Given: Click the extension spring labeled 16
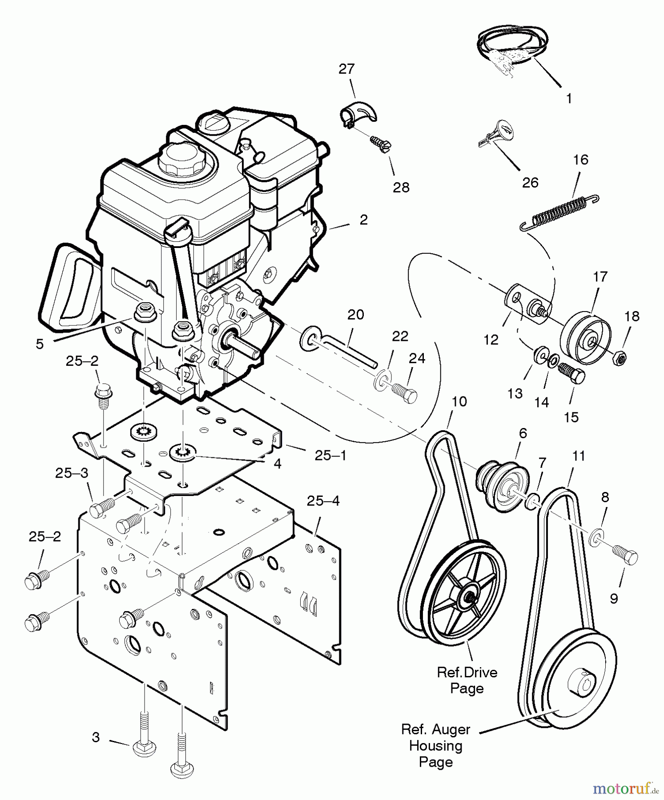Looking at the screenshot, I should [x=559, y=212].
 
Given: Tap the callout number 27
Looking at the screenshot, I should [x=346, y=69].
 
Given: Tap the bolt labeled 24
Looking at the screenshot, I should [x=404, y=393].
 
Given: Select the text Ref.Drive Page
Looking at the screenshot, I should [x=467, y=680].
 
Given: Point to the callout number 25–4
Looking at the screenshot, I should [x=323, y=501].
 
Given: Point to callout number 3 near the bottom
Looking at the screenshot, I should [x=96, y=737].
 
